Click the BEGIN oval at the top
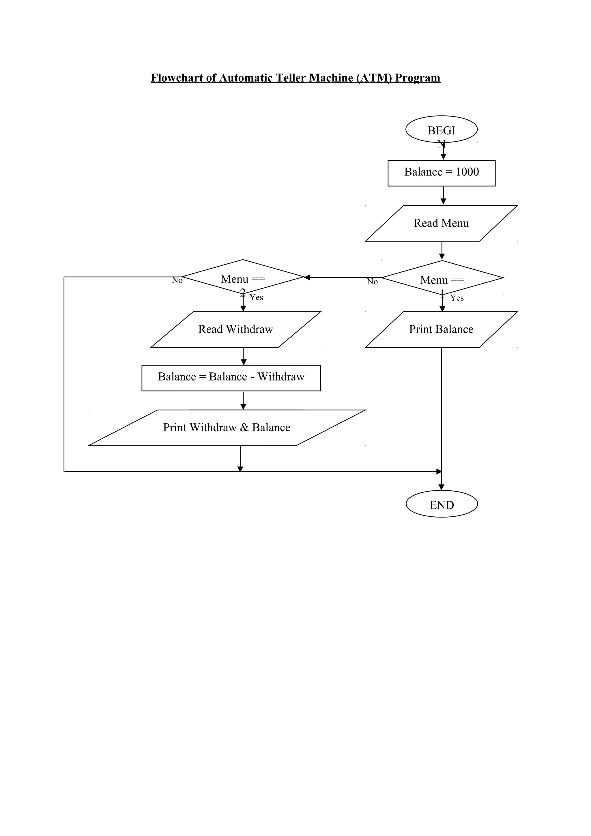[x=441, y=130]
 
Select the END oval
[x=442, y=505]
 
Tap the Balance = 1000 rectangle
[x=441, y=173]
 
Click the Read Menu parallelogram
[x=441, y=223]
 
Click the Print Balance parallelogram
[x=441, y=329]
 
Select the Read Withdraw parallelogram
[x=235, y=329]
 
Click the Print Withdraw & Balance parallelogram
[x=227, y=428]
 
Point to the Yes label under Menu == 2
[x=256, y=297]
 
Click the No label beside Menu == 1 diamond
[x=372, y=282]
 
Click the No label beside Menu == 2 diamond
[x=177, y=280]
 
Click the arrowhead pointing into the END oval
[x=441, y=487]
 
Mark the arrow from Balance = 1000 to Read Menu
[x=443, y=196]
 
